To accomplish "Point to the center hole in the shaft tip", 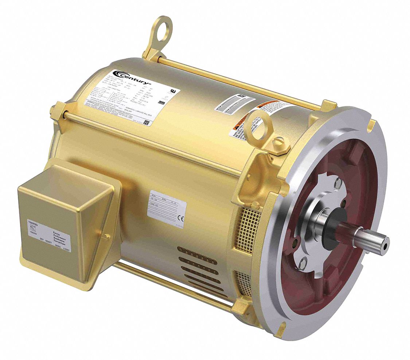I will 385,246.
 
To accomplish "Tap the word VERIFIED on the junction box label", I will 34,221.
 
